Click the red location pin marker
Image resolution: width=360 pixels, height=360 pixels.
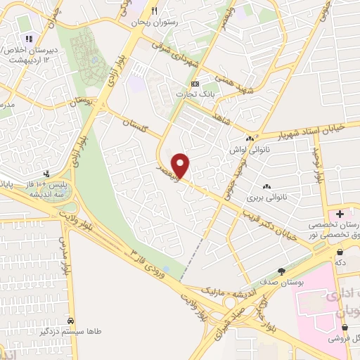[x=181, y=166]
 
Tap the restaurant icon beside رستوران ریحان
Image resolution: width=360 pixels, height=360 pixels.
[x=154, y=11]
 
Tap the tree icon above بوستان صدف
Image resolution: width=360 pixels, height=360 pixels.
[x=282, y=271]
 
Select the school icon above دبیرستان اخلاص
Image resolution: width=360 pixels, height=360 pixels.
[x=29, y=39]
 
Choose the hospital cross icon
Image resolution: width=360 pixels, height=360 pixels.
[x=340, y=214]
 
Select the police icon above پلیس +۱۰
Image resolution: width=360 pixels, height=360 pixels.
[x=47, y=172]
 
